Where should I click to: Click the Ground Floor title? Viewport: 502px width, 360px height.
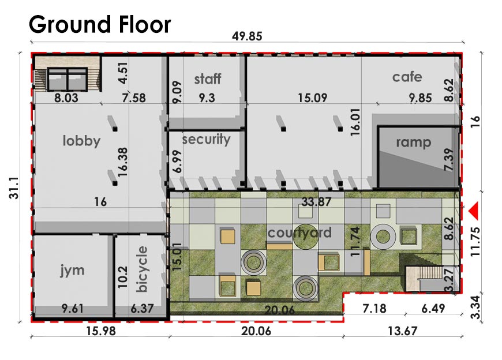point(100,25)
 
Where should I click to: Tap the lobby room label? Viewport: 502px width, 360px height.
point(81,141)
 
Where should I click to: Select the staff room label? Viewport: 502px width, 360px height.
point(208,78)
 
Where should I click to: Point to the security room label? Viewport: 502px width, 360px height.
point(206,140)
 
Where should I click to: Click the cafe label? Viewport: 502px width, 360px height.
point(407,77)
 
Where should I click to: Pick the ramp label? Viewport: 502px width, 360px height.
point(413,142)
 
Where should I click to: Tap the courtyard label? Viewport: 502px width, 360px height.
point(299,233)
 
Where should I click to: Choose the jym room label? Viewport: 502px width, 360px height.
point(72,271)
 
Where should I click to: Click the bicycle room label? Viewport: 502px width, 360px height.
point(142,269)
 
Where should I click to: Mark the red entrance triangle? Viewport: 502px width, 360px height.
point(474,211)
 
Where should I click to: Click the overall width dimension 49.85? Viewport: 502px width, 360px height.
point(247,36)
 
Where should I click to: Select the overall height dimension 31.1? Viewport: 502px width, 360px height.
point(14,188)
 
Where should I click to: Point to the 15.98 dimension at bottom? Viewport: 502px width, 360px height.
point(101,331)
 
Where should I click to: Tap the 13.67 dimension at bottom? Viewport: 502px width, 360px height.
point(402,331)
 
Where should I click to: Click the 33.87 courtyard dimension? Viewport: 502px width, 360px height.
point(316,202)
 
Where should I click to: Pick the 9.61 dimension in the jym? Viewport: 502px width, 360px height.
point(72,309)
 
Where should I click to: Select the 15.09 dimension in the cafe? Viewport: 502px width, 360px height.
point(313,98)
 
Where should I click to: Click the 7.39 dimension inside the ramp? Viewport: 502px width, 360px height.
point(449,160)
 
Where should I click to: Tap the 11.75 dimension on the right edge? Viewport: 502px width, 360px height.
point(475,242)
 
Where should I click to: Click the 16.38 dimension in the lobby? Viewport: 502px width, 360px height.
point(123,162)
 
